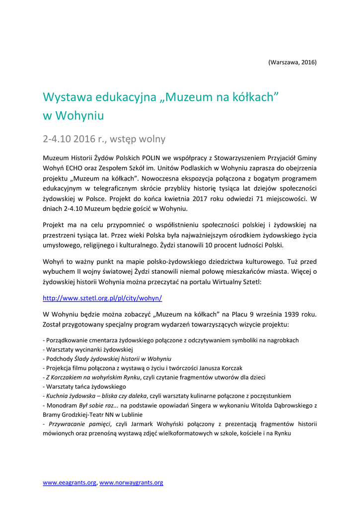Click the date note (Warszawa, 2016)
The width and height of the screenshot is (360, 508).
(292, 62)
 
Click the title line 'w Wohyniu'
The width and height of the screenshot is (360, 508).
(73, 116)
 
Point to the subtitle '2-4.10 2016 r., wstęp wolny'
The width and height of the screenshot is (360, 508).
(104, 138)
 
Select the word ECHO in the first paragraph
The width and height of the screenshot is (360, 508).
(79, 168)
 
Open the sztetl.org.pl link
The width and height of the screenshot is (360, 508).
(102, 298)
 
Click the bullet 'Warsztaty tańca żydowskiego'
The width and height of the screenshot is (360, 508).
(85, 386)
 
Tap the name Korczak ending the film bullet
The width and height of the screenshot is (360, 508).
(231, 368)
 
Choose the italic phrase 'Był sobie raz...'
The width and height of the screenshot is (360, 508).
(95, 405)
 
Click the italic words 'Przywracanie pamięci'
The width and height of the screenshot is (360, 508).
(80, 424)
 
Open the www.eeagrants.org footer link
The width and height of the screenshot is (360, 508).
(70, 482)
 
